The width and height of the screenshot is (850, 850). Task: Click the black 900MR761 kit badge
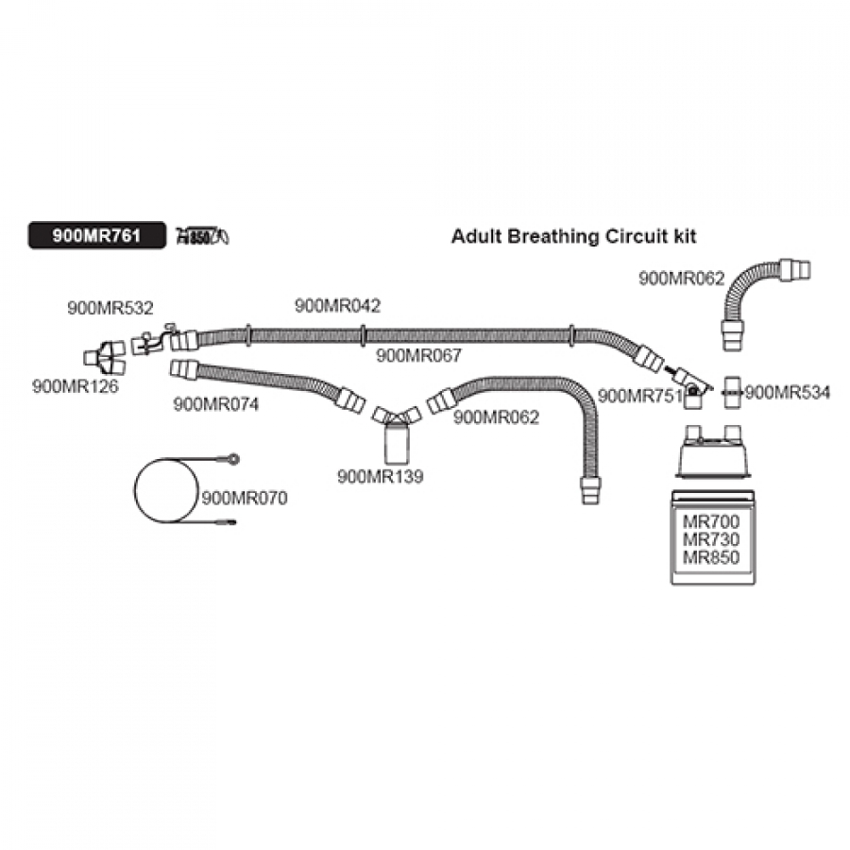coord(97,236)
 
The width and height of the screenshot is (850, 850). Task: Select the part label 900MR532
coord(110,307)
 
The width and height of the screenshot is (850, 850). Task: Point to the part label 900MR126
coord(76,385)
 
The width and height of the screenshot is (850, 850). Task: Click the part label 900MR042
coord(338,305)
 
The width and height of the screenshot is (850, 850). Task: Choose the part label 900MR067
coord(418,355)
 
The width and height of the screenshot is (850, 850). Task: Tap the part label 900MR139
coord(381,477)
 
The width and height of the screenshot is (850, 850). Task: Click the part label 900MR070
coord(245,497)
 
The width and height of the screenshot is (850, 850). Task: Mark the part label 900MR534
coord(788,392)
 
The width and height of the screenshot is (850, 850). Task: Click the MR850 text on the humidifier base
coord(711,557)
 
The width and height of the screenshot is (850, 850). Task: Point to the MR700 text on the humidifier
coord(711,521)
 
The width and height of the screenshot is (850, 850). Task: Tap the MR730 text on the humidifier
coord(711,539)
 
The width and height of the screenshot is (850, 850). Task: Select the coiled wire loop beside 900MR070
coord(166,490)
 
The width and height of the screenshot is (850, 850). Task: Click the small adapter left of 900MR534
coord(732,392)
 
